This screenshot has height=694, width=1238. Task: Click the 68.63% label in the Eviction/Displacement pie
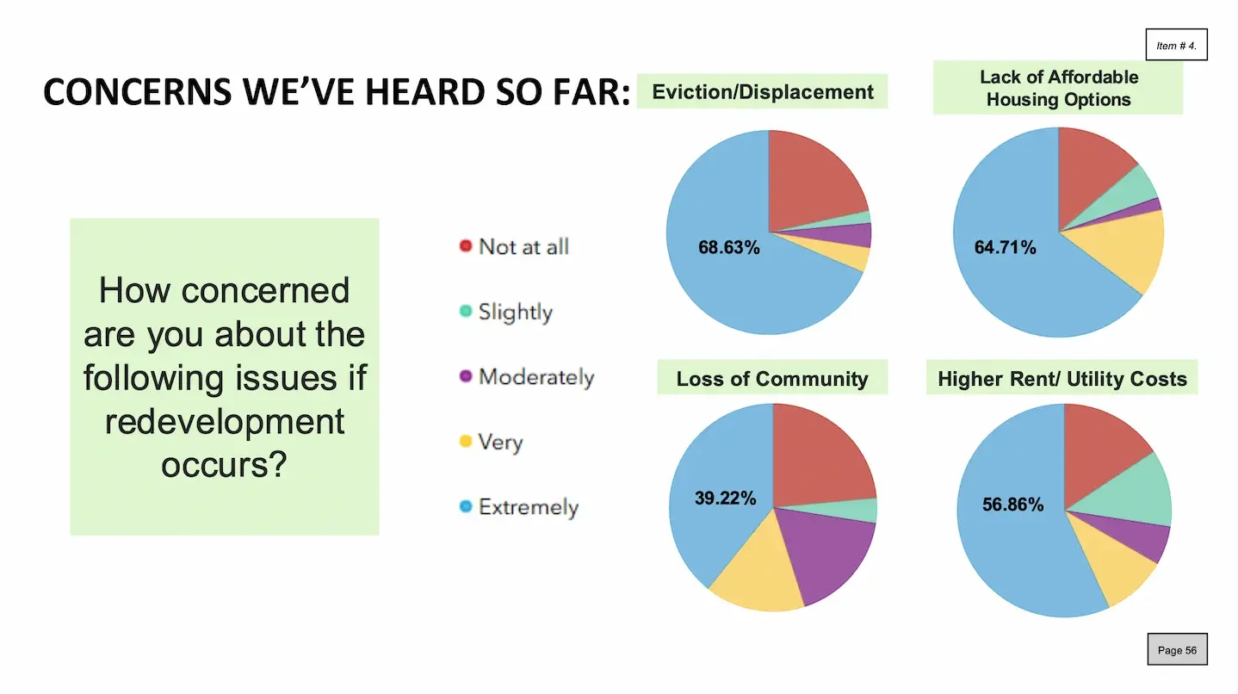coord(728,248)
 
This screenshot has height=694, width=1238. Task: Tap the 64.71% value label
coord(1005,248)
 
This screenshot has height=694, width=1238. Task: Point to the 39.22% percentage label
coord(725,498)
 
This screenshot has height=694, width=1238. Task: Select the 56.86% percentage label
coord(1012,505)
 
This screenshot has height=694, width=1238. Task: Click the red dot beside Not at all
coord(466,246)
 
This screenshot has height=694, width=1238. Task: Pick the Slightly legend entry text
coord(515,312)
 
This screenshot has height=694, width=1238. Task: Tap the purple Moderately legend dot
coord(466,377)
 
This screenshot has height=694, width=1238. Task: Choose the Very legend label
coord(500,443)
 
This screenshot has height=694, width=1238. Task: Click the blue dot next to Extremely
coord(466,507)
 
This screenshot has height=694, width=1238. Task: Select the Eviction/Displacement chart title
coord(763,91)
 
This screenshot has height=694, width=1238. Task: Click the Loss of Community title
coord(772,379)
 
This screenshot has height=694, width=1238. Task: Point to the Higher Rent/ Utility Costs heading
coord(1062,379)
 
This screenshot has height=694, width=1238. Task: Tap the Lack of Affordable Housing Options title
coord(1058,88)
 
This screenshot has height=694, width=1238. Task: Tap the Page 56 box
coord(1177,650)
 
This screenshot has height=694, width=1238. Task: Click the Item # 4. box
coord(1176,45)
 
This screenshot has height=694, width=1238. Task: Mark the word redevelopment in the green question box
coord(225,422)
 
